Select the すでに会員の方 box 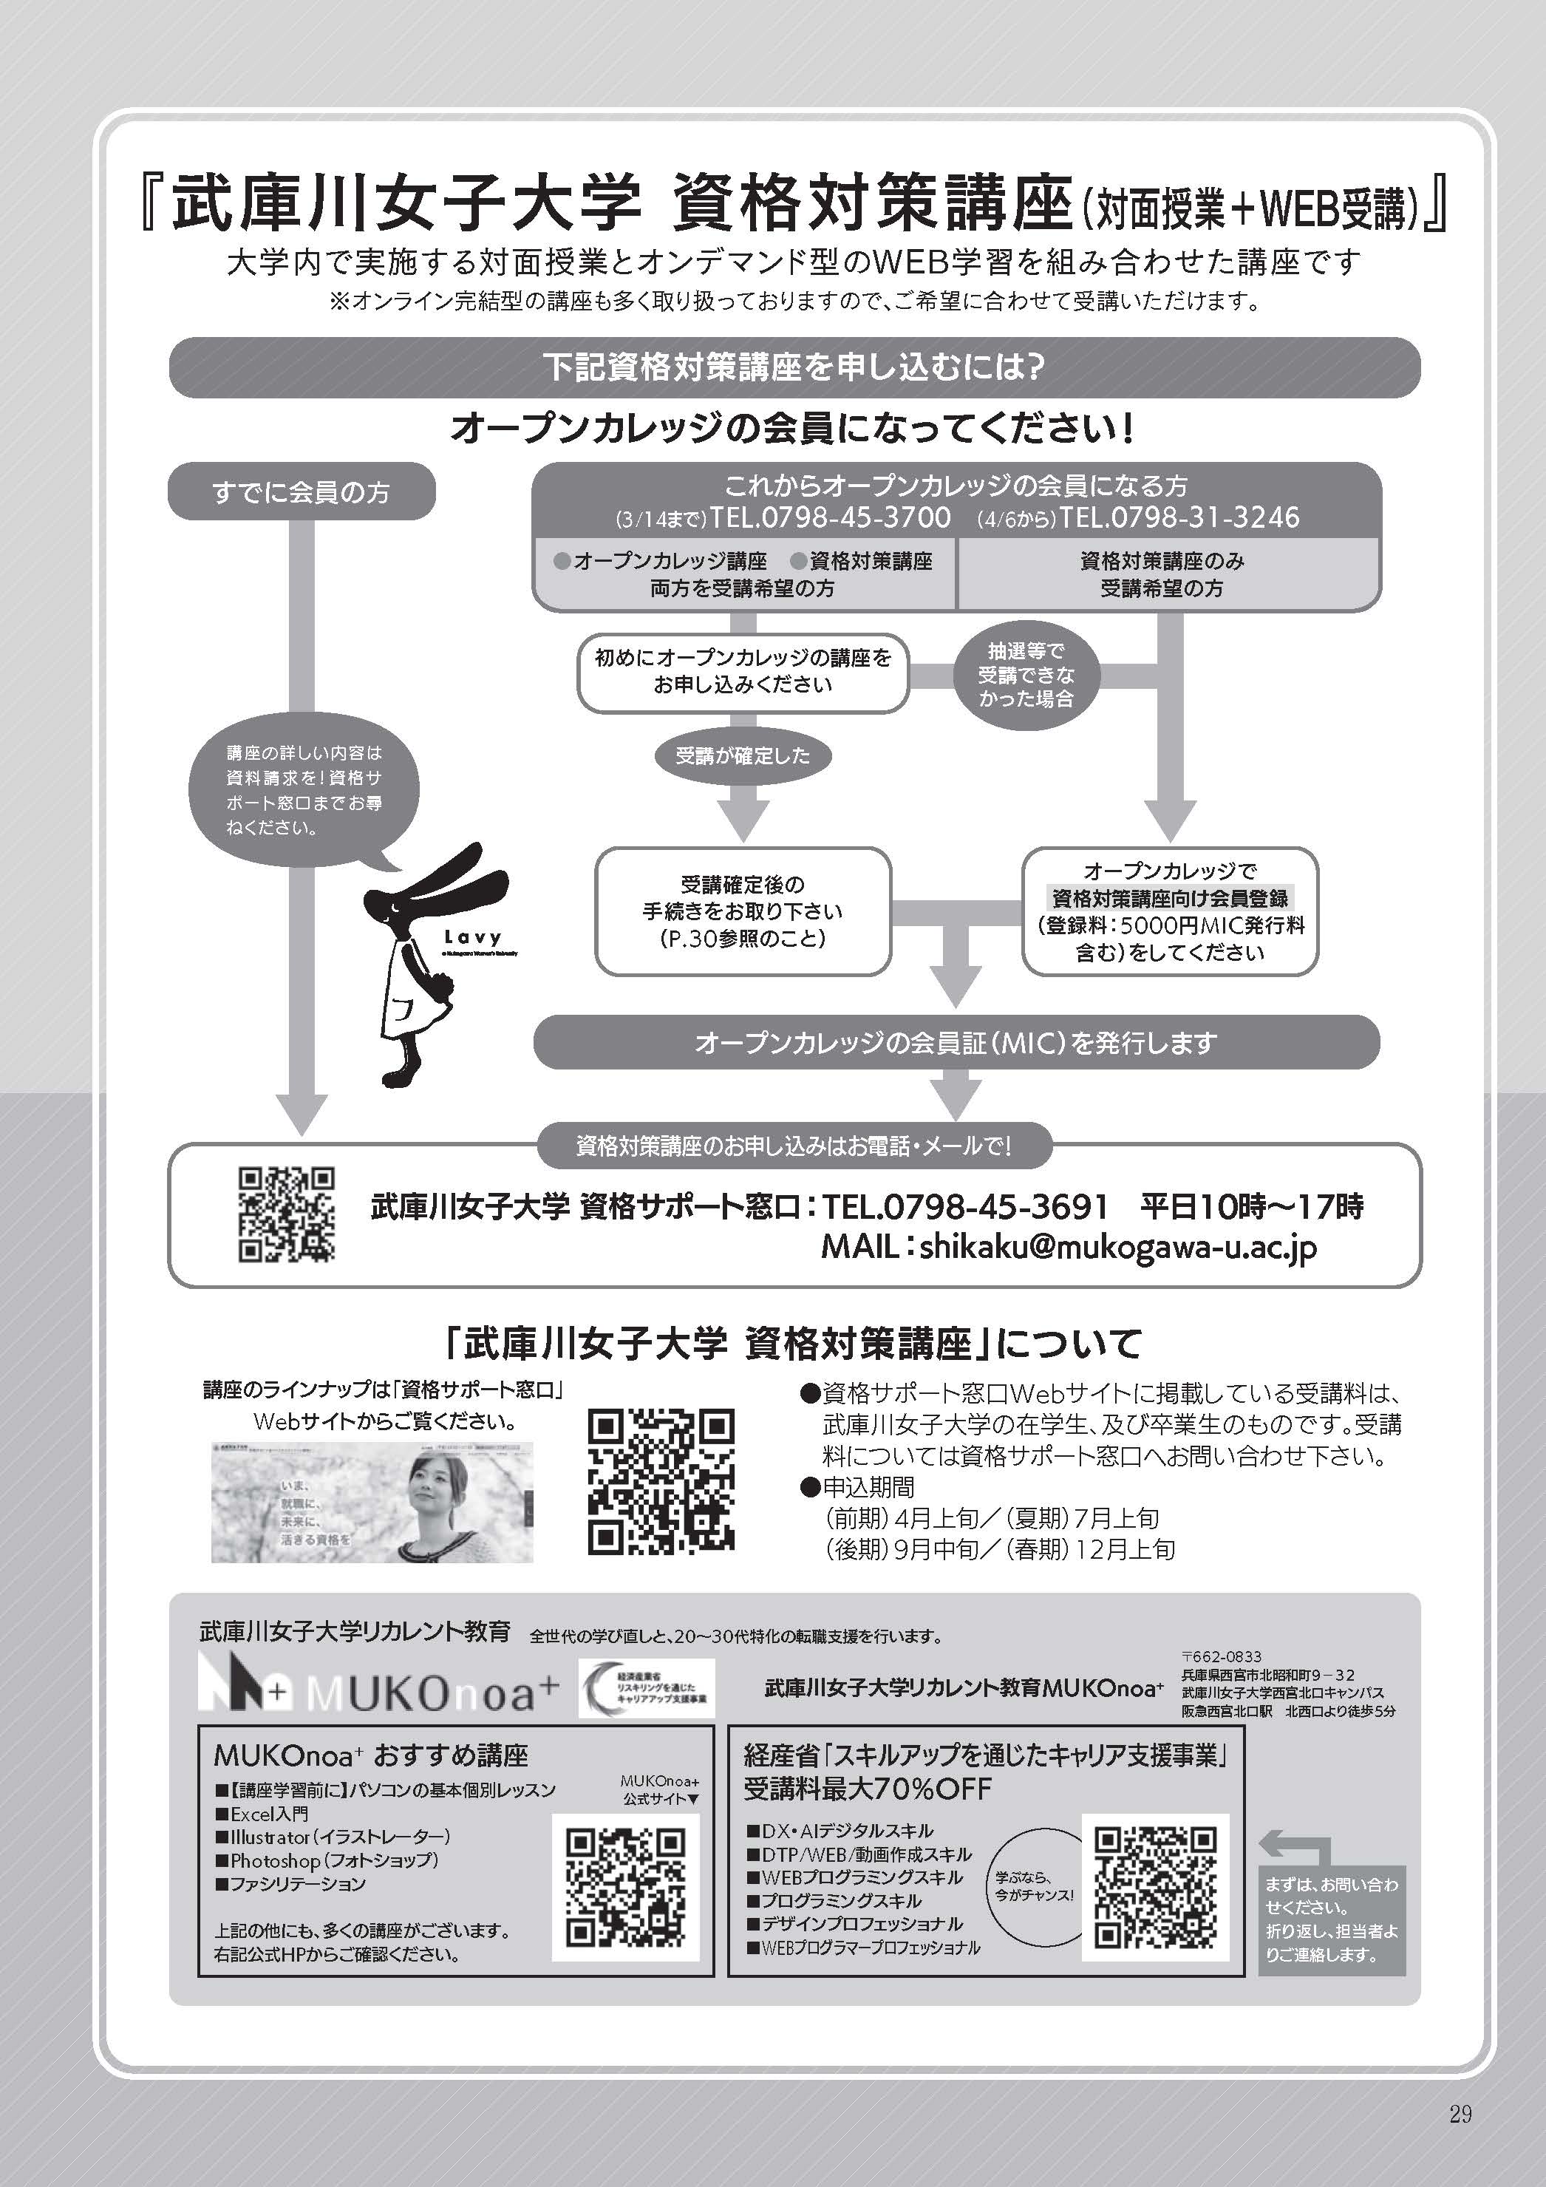[301, 492]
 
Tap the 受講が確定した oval [742, 756]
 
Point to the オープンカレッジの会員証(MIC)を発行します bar [956, 1043]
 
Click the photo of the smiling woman [372, 1502]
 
